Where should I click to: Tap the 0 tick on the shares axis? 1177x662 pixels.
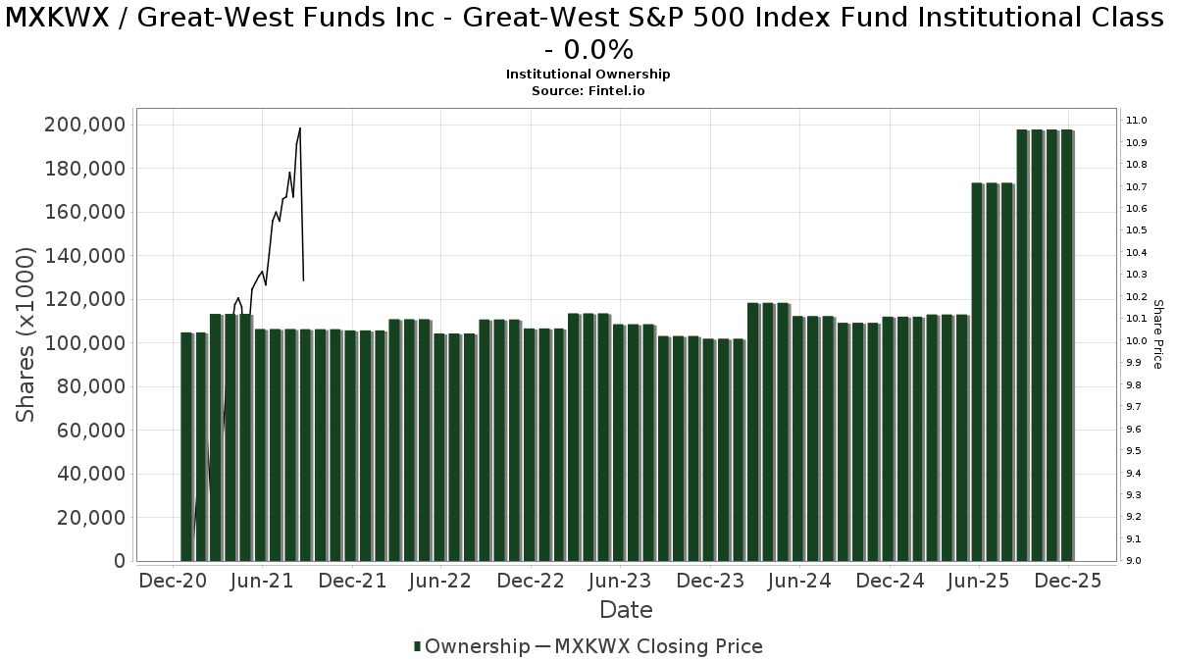pos(119,561)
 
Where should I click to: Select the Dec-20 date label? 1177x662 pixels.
pos(173,581)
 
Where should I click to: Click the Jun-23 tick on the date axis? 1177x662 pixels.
pos(619,581)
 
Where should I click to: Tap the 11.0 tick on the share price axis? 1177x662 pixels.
pos(1138,121)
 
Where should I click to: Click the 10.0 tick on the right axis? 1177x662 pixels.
pos(1138,341)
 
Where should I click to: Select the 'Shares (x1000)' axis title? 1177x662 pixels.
pos(26,334)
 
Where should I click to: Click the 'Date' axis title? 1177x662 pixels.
pos(626,610)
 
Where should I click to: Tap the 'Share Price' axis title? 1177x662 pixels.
pos(1157,334)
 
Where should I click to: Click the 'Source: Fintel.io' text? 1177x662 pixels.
pos(588,90)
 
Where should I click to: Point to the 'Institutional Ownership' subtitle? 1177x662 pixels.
pos(588,75)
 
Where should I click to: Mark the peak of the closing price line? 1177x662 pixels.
pos(299,128)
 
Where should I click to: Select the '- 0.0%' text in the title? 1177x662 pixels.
pos(588,49)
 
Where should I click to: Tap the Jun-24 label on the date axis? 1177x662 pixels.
pos(798,581)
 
